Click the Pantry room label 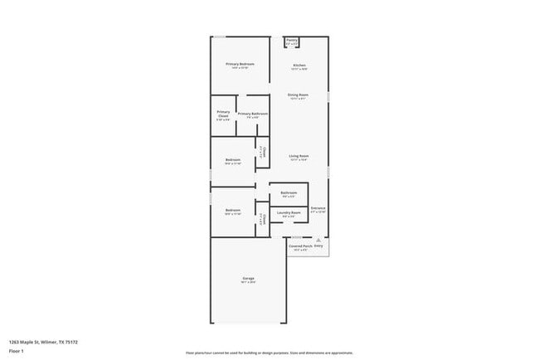(292, 40)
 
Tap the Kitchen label (299, 65)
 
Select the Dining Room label (299, 95)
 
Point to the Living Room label (299, 156)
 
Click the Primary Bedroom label (240, 64)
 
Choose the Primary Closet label (223, 114)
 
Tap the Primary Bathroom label (253, 114)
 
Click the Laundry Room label (289, 212)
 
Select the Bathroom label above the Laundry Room (289, 192)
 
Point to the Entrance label (318, 208)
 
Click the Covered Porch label (300, 246)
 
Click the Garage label (248, 278)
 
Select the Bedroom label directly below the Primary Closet (233, 160)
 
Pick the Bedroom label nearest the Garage (233, 210)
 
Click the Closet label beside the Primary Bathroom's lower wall (262, 151)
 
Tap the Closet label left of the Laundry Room (262, 217)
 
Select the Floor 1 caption (17, 350)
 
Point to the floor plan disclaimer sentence (269, 352)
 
